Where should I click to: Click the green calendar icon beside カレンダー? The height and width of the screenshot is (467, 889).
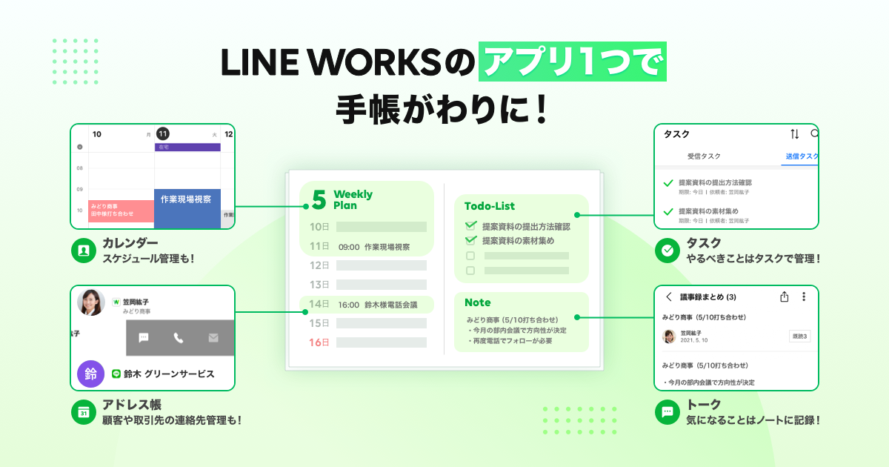(84, 251)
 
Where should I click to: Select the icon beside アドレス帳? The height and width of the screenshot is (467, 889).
(84, 411)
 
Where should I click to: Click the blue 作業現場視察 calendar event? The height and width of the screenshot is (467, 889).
(187, 208)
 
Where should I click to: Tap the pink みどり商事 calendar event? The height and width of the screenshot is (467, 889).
(121, 211)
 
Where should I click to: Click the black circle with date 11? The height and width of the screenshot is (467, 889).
(163, 134)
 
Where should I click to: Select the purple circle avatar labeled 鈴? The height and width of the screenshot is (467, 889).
(90, 374)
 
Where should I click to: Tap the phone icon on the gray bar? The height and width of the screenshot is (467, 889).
(179, 338)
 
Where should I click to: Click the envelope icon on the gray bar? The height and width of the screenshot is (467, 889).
(213, 338)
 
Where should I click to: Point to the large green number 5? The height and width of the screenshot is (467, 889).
(319, 200)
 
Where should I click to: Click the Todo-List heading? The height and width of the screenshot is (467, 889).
(490, 206)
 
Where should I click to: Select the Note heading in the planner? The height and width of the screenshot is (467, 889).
(477, 302)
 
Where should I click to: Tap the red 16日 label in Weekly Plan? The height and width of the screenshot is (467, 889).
(319, 342)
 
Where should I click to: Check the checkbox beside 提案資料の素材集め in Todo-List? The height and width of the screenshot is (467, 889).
(470, 240)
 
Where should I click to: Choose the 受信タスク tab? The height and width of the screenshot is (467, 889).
(704, 156)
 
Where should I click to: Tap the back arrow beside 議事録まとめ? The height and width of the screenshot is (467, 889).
(669, 297)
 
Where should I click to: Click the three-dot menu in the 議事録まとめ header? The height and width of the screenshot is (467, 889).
(804, 297)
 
